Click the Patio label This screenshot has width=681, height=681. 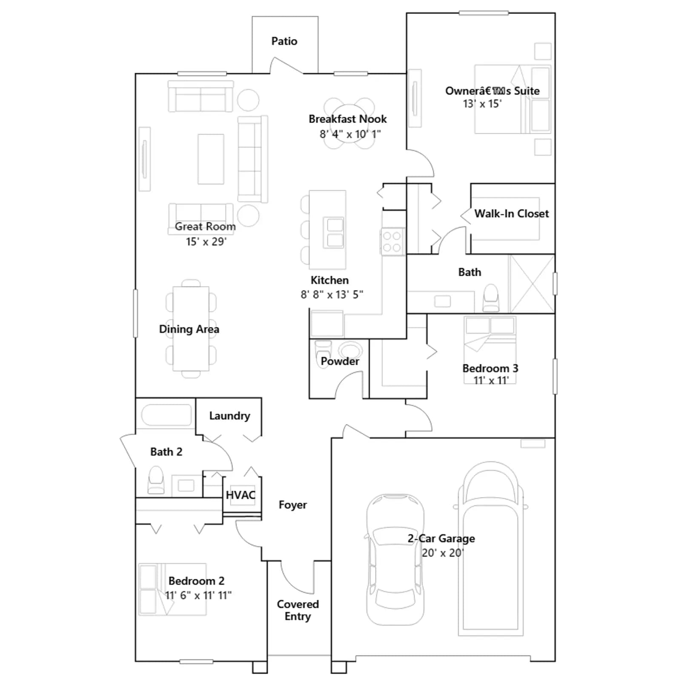pos(284,41)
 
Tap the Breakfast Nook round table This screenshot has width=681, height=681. pos(349,123)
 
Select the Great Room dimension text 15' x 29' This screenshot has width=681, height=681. pos(206,242)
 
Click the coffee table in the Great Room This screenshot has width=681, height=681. pos(211,159)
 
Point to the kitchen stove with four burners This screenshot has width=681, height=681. pos(392,241)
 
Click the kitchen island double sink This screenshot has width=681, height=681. pos(335,232)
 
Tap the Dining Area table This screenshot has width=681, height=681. pos(191,329)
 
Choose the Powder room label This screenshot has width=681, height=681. pos(340,361)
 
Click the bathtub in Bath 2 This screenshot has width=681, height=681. pos(166,415)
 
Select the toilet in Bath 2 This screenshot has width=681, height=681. pos(156,480)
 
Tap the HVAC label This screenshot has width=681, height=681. pos(240,495)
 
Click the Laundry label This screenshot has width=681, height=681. pos(229,416)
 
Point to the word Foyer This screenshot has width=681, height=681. pos(293,505)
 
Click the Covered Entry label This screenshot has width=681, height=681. pos(298,610)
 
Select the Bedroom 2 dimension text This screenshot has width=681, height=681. pos(198,595)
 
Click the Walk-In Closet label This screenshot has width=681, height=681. pos(512,214)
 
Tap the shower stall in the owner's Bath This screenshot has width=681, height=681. pos(532,284)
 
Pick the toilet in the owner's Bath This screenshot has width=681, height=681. pos(491,298)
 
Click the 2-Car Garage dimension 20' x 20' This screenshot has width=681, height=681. pos(443,553)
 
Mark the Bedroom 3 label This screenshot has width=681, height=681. pos(490,369)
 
